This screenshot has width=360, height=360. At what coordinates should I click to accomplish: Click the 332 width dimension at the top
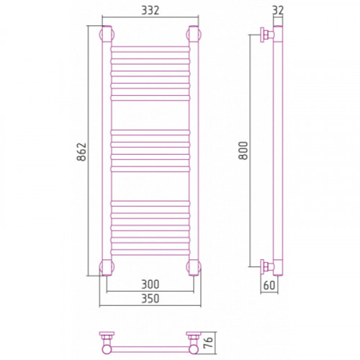click(150, 10)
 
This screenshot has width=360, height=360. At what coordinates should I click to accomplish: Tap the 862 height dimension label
click(81, 152)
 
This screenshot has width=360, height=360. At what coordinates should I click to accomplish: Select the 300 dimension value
click(150, 284)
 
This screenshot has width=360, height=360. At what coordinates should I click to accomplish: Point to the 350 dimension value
click(150, 299)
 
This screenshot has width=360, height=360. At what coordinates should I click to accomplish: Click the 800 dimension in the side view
click(243, 150)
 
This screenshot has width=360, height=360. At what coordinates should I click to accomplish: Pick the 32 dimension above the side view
click(278, 10)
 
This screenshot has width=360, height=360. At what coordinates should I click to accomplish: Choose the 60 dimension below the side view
click(269, 285)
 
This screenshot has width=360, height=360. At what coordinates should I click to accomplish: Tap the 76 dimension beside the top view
click(209, 343)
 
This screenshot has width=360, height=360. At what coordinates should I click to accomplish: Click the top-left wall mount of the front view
click(107, 34)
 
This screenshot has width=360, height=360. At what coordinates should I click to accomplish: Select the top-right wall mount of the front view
click(194, 34)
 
